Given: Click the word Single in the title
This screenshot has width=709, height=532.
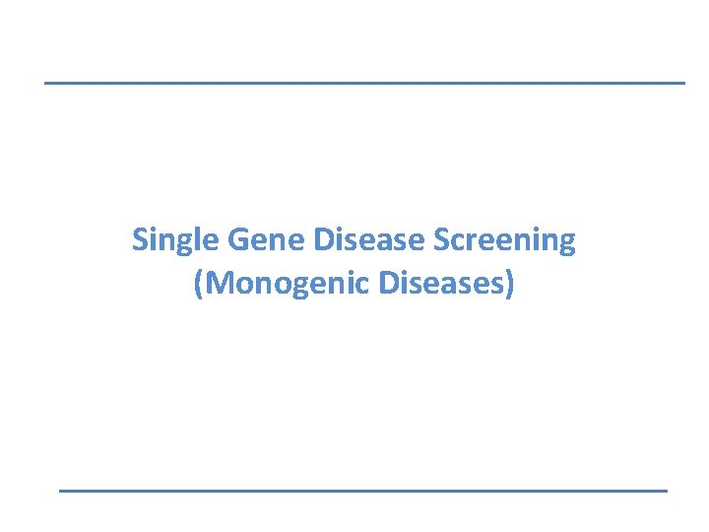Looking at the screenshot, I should click(176, 240).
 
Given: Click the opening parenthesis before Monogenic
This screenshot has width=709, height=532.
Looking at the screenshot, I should click(199, 284).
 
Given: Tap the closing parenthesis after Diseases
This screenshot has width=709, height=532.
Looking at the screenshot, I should click(510, 284).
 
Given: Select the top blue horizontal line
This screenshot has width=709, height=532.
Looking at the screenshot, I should click(364, 83).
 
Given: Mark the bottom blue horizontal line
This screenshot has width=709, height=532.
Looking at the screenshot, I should click(363, 490).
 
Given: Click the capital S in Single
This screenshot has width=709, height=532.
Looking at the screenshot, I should click(140, 239).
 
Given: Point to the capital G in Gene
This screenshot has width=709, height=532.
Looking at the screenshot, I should click(236, 239).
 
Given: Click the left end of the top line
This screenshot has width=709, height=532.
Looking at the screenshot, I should click(46, 83).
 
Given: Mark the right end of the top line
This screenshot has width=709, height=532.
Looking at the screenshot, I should click(682, 83).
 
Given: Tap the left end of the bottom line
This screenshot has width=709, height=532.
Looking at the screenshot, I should click(61, 490).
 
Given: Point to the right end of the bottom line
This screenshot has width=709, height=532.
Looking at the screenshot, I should click(666, 490).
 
